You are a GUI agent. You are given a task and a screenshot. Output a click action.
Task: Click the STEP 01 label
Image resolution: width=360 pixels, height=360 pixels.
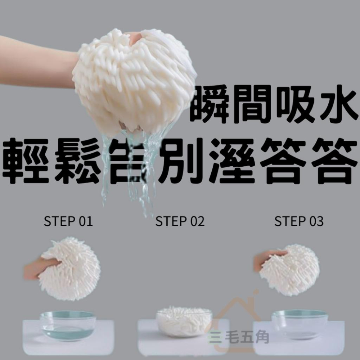[x=68, y=221]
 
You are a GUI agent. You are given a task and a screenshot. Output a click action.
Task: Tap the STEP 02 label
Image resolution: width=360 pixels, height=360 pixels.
[x=180, y=221]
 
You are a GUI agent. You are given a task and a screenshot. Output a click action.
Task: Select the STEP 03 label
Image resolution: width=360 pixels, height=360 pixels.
[x=299, y=221]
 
